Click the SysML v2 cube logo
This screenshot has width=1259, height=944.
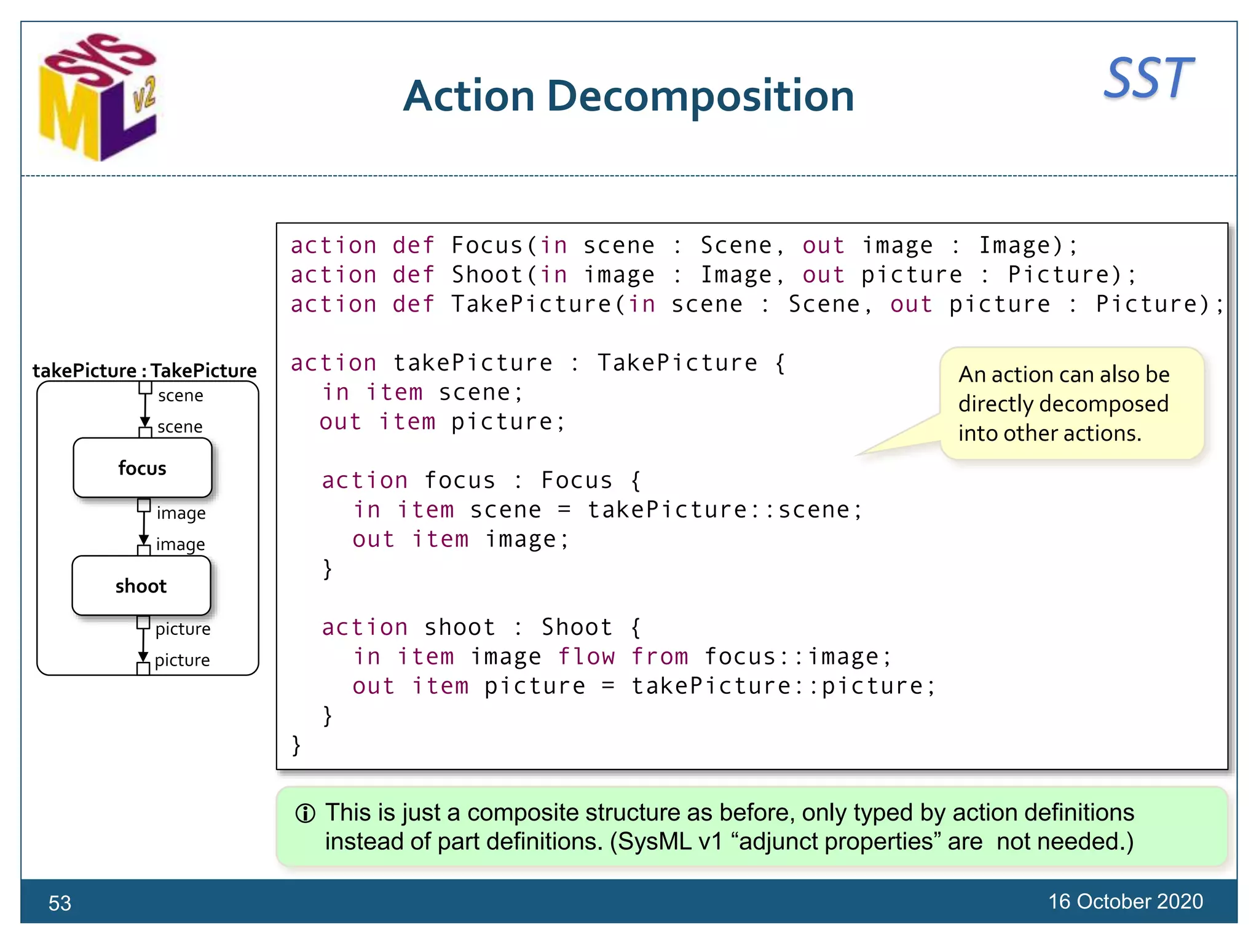[98, 98]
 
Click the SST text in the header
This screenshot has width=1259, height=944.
[1148, 79]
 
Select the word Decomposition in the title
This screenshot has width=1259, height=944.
[700, 96]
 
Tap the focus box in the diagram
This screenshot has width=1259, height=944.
[142, 468]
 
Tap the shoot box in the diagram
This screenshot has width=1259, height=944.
[141, 586]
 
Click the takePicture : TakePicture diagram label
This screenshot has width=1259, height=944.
[144, 371]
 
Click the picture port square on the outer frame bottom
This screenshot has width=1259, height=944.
[143, 669]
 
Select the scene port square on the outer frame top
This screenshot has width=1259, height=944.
[145, 388]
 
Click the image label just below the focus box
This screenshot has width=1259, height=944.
[181, 513]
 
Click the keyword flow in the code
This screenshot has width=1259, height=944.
[586, 657]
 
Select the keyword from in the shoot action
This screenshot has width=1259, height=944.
[660, 657]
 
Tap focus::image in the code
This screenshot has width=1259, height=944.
[797, 657]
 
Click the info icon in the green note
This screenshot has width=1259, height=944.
[306, 814]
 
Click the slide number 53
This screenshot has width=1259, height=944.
[60, 903]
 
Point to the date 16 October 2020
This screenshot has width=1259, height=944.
[1125, 902]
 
